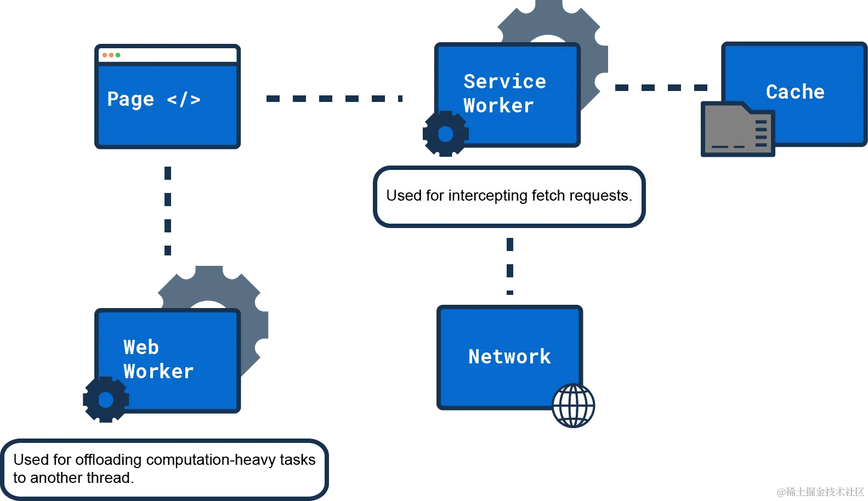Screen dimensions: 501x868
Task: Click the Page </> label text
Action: tap(154, 99)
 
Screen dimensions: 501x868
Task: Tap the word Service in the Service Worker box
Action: tap(504, 81)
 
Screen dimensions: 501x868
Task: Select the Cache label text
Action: tap(795, 92)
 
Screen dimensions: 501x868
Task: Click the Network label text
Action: tap(509, 356)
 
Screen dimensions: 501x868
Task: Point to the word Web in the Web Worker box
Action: tap(141, 347)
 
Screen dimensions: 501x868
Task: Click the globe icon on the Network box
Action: tap(573, 405)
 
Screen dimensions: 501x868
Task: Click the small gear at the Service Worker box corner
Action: tap(445, 134)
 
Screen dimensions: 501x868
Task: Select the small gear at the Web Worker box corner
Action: tap(105, 400)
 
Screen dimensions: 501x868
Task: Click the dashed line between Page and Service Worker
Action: tap(333, 99)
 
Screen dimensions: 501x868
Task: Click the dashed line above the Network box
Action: tap(509, 267)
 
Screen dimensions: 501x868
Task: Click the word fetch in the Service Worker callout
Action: tap(548, 196)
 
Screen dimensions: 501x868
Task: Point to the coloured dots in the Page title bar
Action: tap(111, 55)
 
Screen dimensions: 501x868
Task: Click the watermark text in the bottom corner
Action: tap(820, 491)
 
